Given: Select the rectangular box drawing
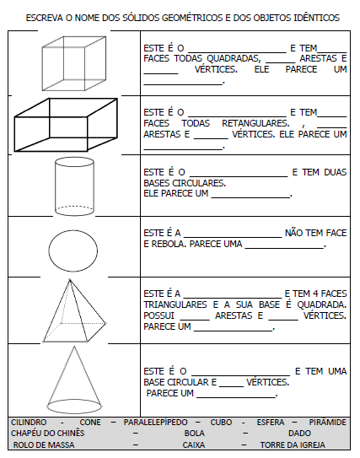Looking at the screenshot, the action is point(14,134).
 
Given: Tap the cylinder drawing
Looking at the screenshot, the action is point(55,187).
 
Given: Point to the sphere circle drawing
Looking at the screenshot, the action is point(49,251).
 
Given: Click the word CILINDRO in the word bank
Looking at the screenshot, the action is point(29,423).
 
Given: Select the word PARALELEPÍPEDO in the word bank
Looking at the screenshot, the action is point(155,423).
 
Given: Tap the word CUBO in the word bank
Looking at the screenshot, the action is point(221,423).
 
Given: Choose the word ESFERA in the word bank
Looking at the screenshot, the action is point(271,423).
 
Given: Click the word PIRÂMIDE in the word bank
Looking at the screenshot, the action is point(328,423).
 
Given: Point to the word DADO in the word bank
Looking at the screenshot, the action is point(299,434).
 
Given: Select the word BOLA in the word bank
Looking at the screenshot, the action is point(195,434).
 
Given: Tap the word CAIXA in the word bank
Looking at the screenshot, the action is point(194,445).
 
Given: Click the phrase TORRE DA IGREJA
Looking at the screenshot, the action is point(293,445).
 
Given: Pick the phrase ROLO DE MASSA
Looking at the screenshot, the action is point(44,445).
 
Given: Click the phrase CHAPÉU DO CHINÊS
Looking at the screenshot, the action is point(47,434).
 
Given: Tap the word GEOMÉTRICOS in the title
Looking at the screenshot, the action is point(192,18).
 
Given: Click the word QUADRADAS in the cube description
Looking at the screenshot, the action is point(234,59).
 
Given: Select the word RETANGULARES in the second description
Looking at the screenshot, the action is point(255,123).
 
